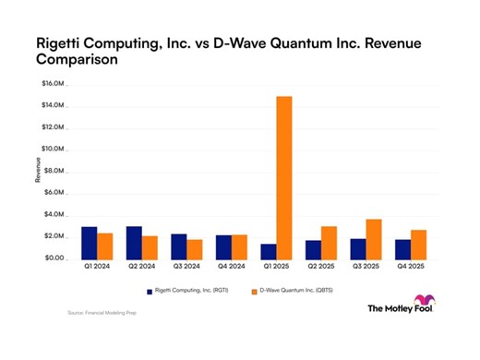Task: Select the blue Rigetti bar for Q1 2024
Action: coord(90,242)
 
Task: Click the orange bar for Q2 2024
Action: coord(150,246)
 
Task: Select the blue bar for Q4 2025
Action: coord(378,248)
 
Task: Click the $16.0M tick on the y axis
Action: coord(52,84)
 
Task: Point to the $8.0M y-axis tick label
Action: coord(53,171)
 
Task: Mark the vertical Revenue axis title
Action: coord(39,171)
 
